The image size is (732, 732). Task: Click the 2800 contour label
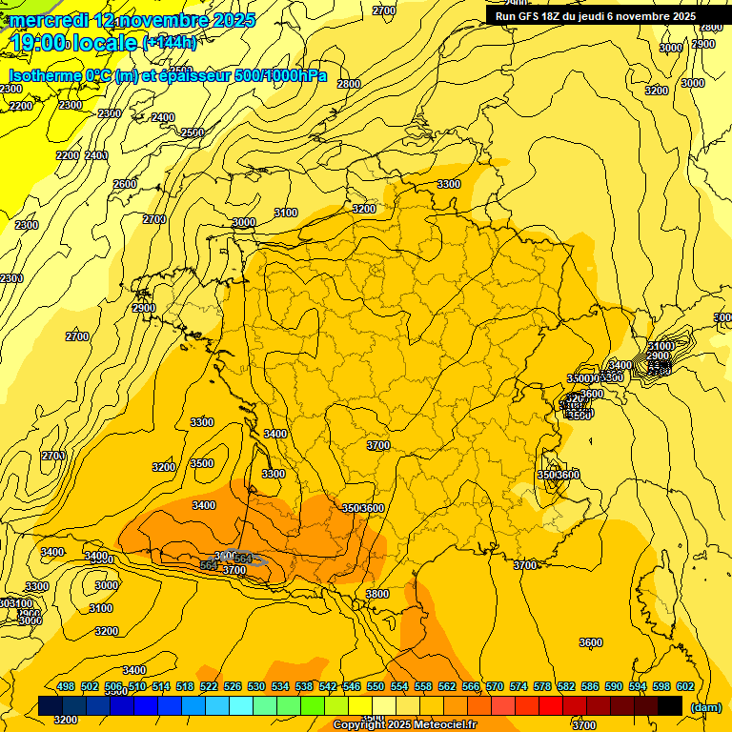tap(349, 84)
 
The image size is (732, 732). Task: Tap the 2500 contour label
tap(193, 132)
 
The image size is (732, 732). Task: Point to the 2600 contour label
tap(125, 184)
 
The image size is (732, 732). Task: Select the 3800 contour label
tap(377, 594)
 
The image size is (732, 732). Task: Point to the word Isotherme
tap(46, 75)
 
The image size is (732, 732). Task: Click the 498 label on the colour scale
tap(66, 686)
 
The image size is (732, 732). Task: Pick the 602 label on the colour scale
tap(684, 686)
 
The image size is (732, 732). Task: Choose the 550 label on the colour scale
tap(375, 686)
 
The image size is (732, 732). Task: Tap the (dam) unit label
tap(706, 706)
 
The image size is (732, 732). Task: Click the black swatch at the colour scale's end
tap(670, 705)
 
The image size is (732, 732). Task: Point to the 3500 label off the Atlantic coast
tap(202, 463)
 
